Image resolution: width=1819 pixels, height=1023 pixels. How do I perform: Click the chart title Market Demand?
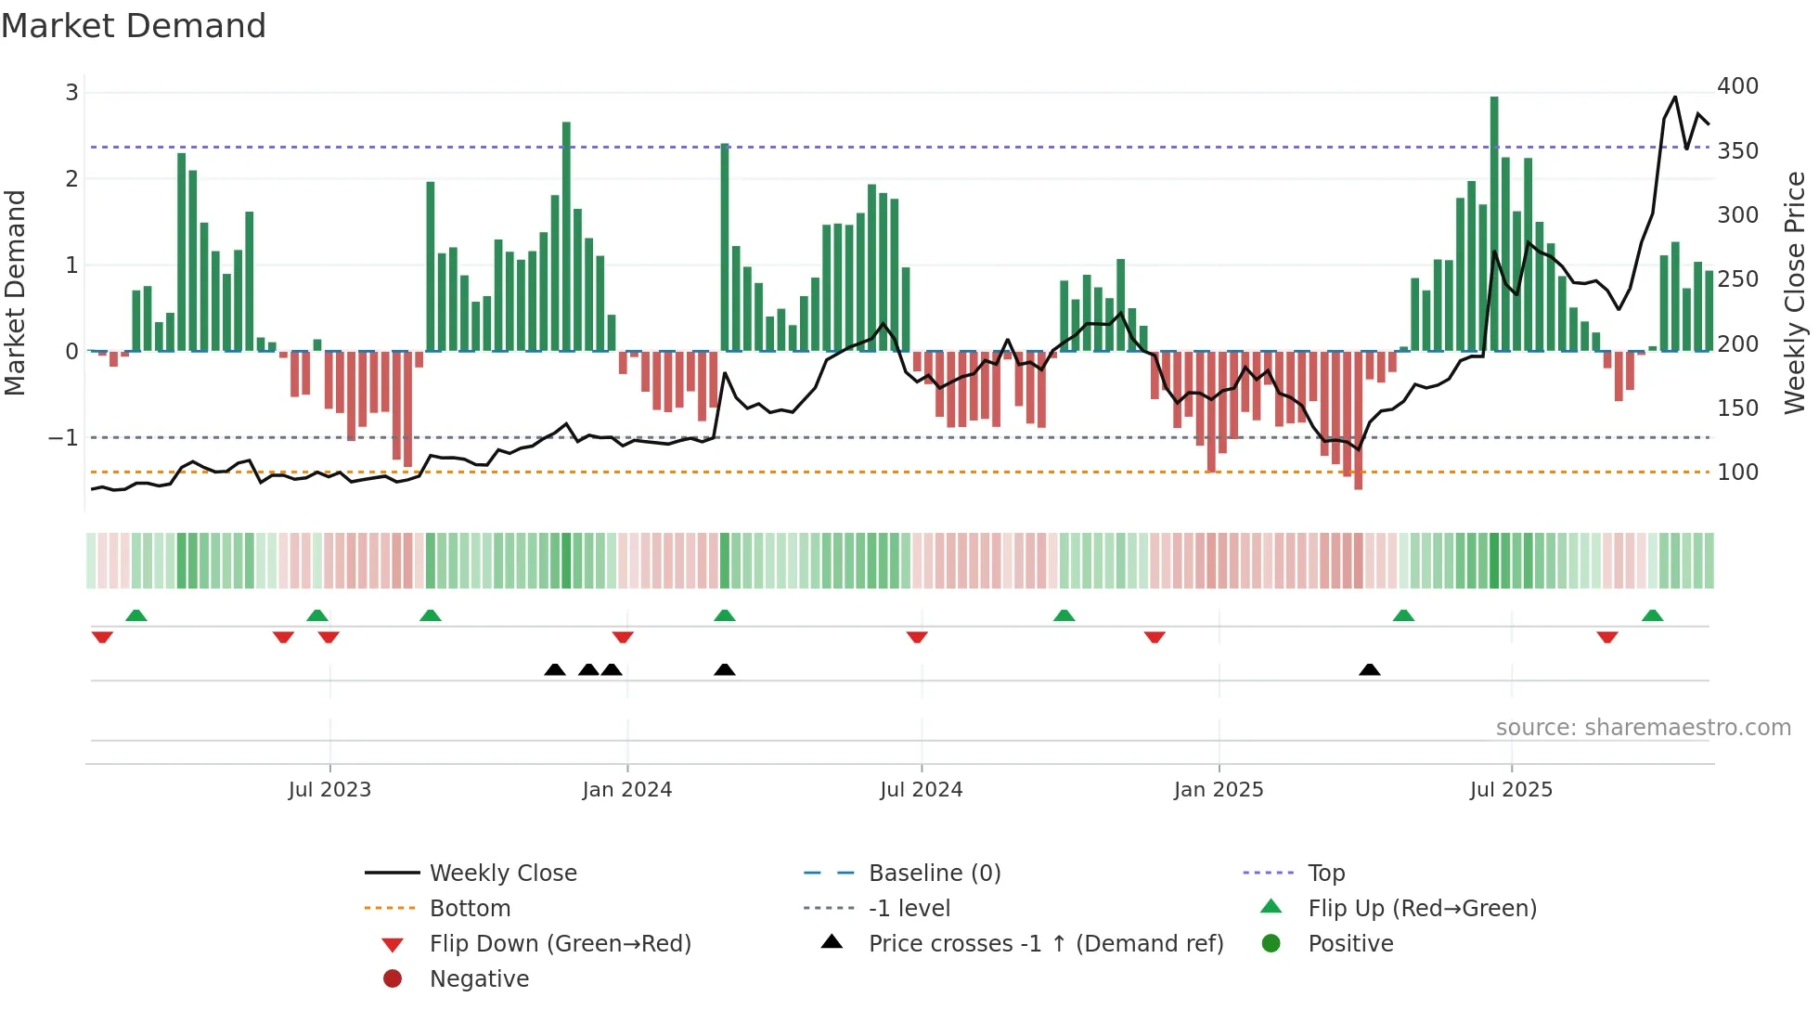[x=134, y=26]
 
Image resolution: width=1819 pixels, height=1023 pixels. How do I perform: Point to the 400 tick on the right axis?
[x=1737, y=86]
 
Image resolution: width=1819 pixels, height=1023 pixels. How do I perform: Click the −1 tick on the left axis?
[x=64, y=438]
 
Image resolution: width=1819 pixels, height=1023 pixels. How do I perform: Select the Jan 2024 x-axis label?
[x=626, y=790]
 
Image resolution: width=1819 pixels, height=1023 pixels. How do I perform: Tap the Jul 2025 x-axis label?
[x=1511, y=790]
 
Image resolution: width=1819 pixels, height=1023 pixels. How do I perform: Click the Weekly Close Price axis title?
[x=1795, y=292]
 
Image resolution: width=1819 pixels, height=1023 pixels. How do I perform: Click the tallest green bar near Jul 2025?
[x=1494, y=223]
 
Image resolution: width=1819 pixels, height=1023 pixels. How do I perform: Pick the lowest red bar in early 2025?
[x=1358, y=422]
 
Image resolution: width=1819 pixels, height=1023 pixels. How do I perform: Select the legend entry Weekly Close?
[x=502, y=874]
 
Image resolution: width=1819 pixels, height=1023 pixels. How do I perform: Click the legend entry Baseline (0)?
[x=934, y=874]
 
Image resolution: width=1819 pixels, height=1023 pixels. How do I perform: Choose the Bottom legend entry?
[x=470, y=909]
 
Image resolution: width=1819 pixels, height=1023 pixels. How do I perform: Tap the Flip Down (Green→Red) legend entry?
[x=560, y=944]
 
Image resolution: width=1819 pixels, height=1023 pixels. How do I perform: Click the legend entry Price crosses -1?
[x=1046, y=944]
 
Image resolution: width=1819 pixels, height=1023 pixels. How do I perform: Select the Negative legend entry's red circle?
[x=393, y=979]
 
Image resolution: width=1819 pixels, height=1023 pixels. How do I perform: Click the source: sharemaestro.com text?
[x=1643, y=728]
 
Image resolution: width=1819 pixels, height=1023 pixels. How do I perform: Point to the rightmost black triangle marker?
[x=1369, y=670]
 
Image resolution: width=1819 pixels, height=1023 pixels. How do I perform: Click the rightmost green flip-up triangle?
[x=1652, y=615]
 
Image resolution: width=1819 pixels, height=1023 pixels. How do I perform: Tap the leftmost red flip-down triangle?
[x=102, y=637]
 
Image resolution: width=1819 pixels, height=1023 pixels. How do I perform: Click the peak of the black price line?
[x=1675, y=97]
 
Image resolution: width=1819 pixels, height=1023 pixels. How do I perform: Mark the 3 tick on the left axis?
[x=71, y=93]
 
